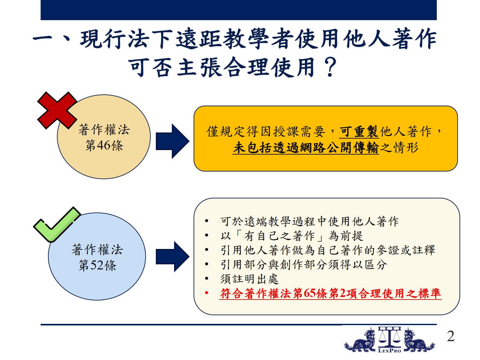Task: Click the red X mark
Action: click(x=57, y=110)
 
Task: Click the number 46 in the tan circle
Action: click(x=103, y=145)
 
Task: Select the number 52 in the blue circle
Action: click(x=97, y=265)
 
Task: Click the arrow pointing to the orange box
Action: click(x=172, y=141)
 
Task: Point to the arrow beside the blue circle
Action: click(x=172, y=257)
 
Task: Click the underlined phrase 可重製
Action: click(x=359, y=132)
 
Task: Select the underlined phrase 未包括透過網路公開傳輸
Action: click(x=306, y=148)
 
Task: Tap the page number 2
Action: click(x=451, y=336)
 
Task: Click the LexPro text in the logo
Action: click(x=389, y=351)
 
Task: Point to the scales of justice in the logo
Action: click(x=389, y=337)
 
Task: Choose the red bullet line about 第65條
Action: click(x=331, y=293)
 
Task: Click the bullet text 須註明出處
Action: click(x=249, y=279)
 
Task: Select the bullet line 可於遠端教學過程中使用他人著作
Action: click(x=309, y=221)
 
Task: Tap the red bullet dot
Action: click(x=206, y=293)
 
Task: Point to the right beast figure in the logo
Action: click(x=419, y=340)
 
